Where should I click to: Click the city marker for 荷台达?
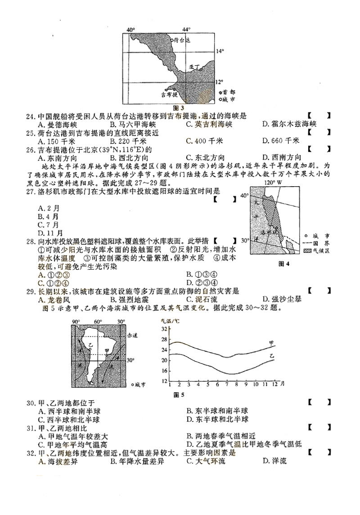tap(172, 40)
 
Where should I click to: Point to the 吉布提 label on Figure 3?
tap(169, 94)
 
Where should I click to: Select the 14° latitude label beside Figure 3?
tap(219, 51)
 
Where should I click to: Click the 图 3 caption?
tap(179, 107)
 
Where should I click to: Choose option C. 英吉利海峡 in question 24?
tap(208, 124)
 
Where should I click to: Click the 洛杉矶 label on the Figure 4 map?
tap(269, 232)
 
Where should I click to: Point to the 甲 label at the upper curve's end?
tap(272, 342)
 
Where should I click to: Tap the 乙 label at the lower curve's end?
tap(272, 356)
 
